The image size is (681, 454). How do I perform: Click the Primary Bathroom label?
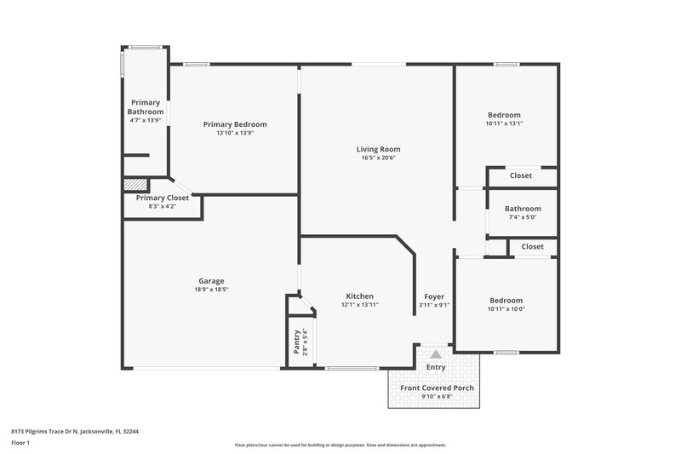(x=145, y=107)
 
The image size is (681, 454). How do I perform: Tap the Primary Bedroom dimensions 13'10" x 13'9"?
(x=235, y=134)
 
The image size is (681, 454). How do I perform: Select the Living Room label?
(x=378, y=149)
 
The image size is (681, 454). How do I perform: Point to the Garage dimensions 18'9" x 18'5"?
(x=212, y=290)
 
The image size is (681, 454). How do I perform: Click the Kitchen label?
(x=359, y=296)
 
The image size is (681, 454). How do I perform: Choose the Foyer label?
(x=434, y=296)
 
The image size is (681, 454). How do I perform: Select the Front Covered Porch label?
(x=437, y=388)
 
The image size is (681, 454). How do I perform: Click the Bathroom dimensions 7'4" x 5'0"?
(x=522, y=217)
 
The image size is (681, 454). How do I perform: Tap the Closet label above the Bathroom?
(x=520, y=175)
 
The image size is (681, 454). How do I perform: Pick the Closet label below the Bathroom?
(x=532, y=246)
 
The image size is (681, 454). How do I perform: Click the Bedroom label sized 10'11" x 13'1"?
(x=504, y=115)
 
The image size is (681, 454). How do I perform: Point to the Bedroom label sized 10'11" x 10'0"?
(x=506, y=300)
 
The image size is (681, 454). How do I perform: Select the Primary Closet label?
(x=163, y=198)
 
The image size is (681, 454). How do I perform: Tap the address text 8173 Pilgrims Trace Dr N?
(x=75, y=431)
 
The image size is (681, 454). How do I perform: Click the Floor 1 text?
(x=21, y=444)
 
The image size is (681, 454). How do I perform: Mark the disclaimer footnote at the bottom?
(x=340, y=445)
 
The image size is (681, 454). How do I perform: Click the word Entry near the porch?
(x=436, y=367)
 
